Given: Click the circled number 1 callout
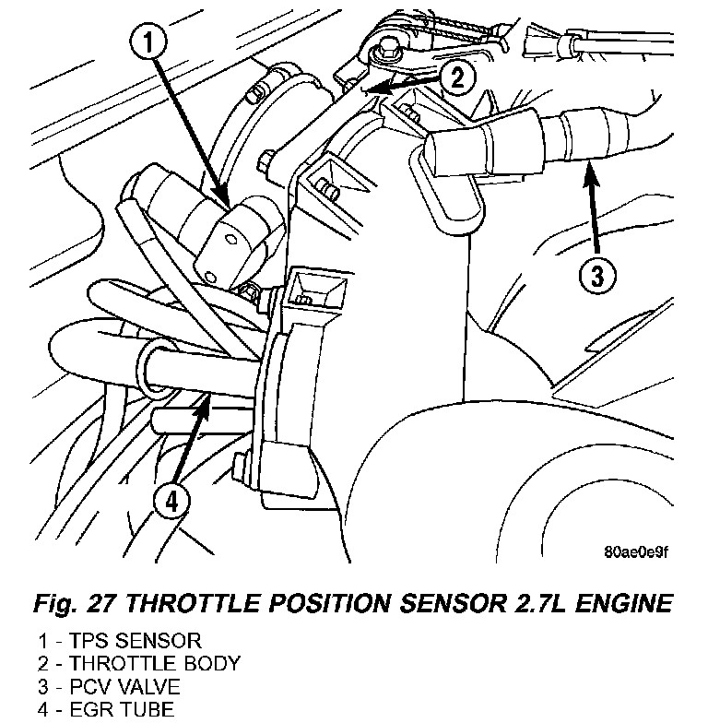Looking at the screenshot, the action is coord(148,42).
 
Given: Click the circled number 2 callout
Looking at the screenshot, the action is coord(457,77).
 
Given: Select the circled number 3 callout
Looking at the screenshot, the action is coord(597,277).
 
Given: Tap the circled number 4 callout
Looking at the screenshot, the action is coord(171,502).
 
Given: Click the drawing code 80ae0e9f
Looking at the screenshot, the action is coord(636,551).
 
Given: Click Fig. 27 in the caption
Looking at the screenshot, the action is coord(73,603).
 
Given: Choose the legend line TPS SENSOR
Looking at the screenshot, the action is coord(120,641).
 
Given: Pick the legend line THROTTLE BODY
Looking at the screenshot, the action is coord(139,664).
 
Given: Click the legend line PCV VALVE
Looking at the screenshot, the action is coord(109,686).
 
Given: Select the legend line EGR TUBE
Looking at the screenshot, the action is coord(106,708).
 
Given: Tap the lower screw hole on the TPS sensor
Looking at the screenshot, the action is coord(210,278).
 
